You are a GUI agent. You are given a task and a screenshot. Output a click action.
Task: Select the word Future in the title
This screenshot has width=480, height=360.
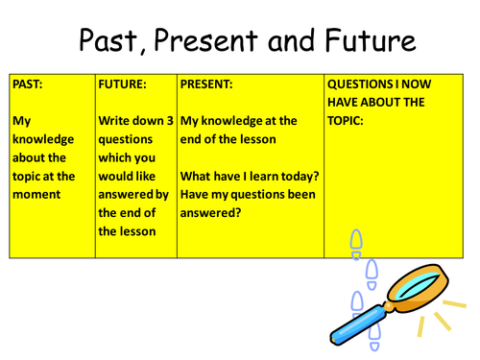pyautogui.click(x=368, y=40)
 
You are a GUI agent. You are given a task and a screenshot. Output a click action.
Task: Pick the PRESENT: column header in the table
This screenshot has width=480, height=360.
pyautogui.click(x=207, y=84)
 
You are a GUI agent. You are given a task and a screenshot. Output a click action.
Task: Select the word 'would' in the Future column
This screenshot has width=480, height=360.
pyautogui.click(x=118, y=176)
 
